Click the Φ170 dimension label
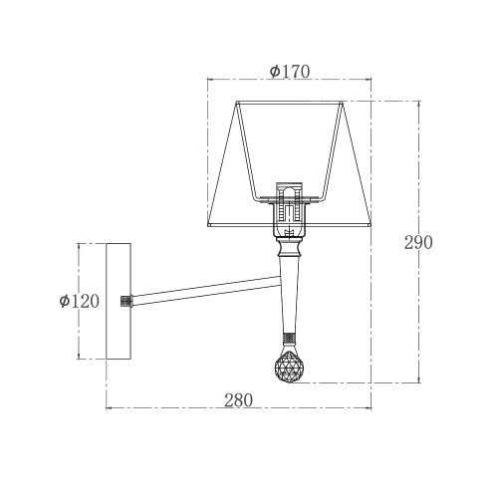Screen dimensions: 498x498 [290, 72]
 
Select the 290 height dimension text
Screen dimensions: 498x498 [418, 242]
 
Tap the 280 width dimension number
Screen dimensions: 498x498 [238, 400]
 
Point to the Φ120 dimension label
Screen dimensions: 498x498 [79, 301]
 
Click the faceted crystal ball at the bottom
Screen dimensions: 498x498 [290, 368]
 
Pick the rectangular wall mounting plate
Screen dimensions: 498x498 [119, 301]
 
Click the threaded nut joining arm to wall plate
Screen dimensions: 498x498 [126, 301]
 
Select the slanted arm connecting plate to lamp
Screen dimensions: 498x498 [206, 291]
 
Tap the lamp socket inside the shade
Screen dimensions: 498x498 [290, 210]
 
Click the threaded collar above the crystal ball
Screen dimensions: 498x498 [289, 339]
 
